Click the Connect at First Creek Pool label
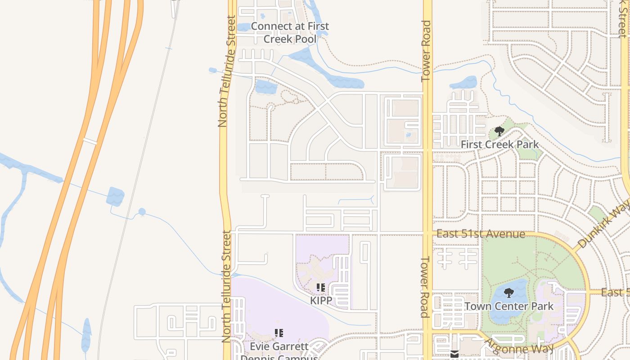point(290,33)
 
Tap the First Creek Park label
point(499,144)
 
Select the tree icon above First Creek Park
point(499,131)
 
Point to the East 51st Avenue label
point(481,234)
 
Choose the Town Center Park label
point(509,306)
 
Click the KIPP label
point(321,300)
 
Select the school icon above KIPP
point(321,287)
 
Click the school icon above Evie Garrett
point(279,333)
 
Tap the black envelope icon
point(455,355)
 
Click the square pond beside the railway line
point(115,197)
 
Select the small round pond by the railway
point(142,211)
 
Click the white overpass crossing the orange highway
point(90,141)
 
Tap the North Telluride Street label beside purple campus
point(226,287)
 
